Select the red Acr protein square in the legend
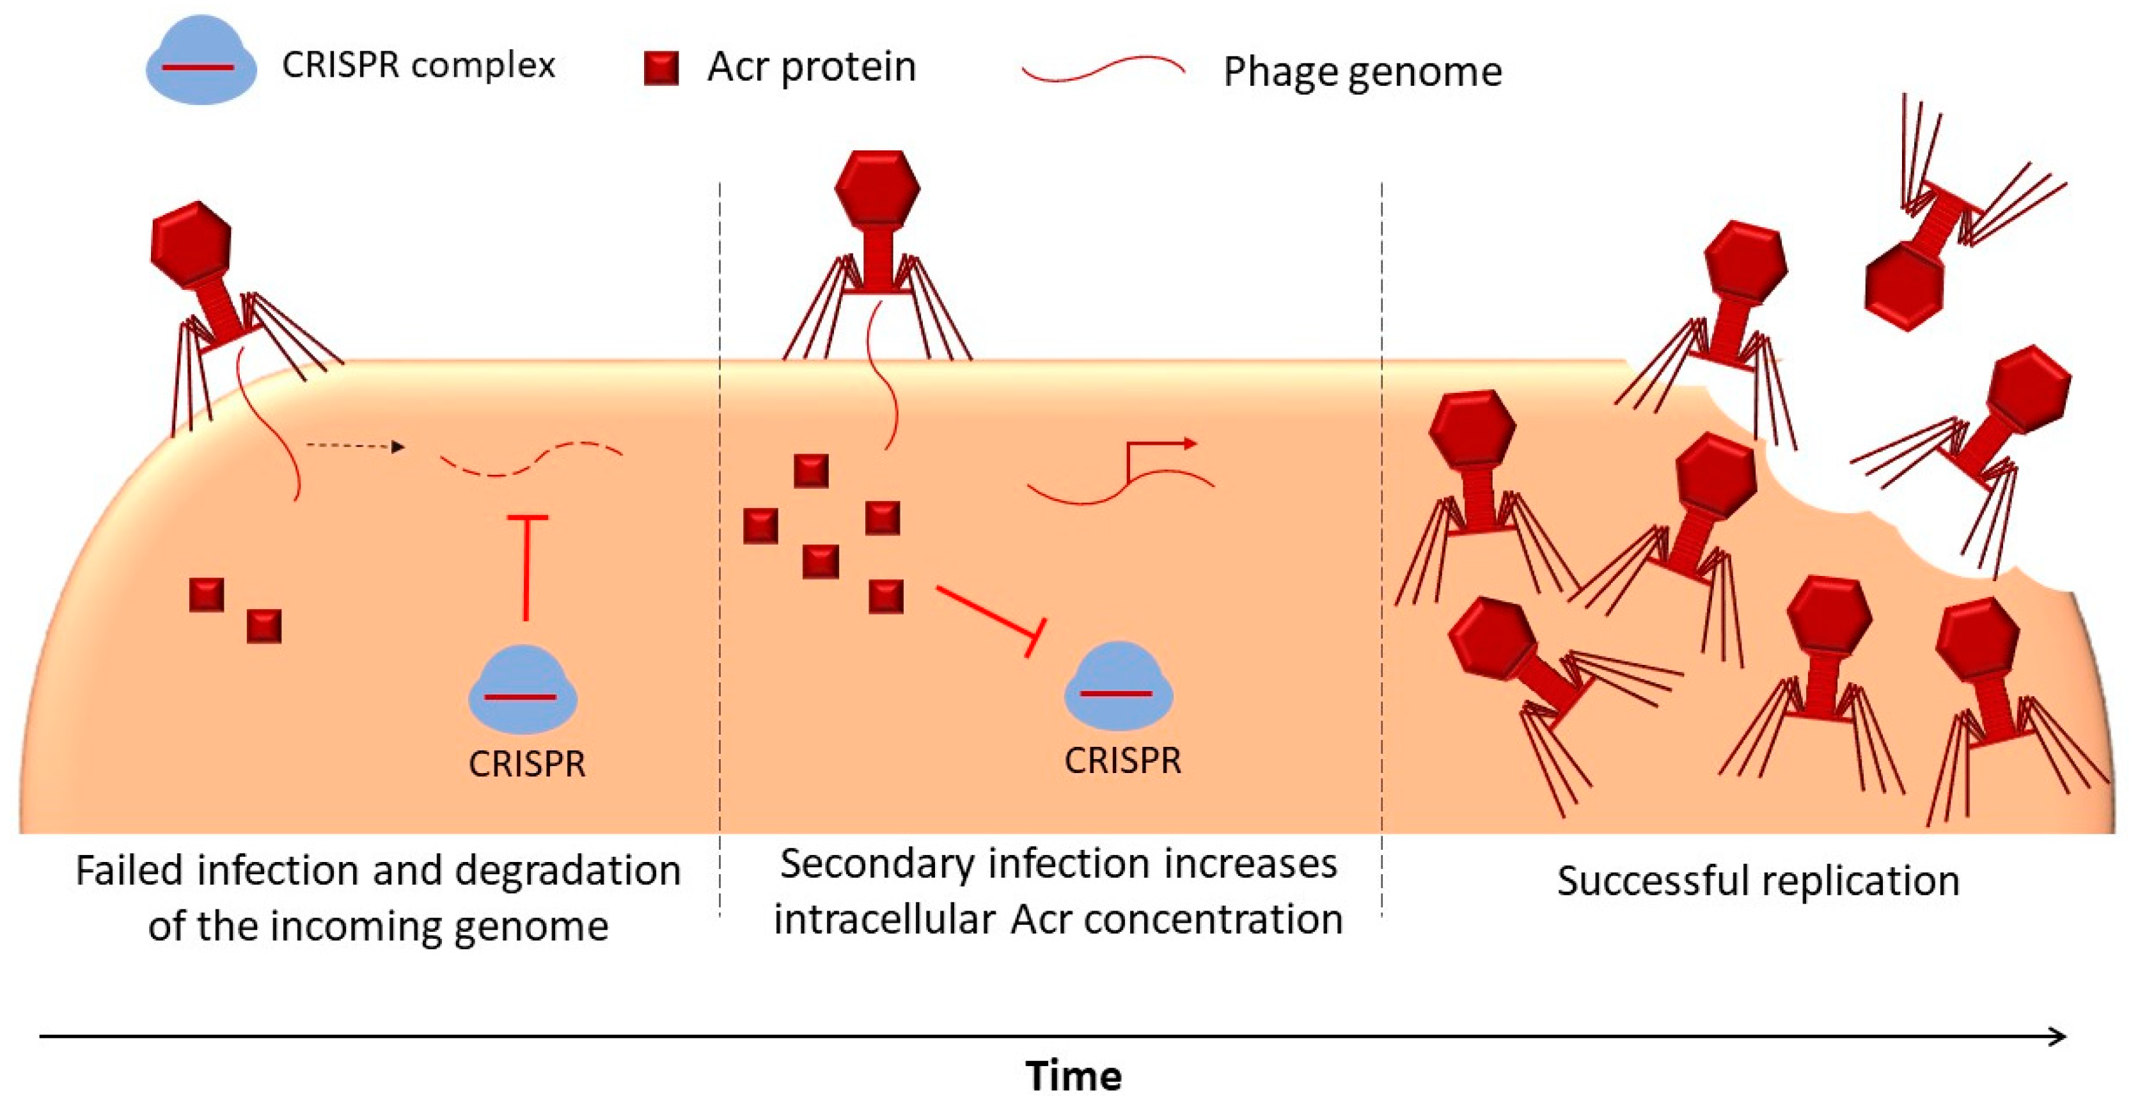661,68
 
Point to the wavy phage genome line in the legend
1103,70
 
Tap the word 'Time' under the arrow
1073,1076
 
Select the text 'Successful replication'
1758,881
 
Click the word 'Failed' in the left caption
128,871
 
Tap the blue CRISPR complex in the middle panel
1117,686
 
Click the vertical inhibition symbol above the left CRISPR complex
526,567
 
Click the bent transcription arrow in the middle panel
1158,451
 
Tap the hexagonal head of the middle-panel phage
877,186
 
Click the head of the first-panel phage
191,243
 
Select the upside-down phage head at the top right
1905,287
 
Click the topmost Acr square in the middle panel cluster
811,470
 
